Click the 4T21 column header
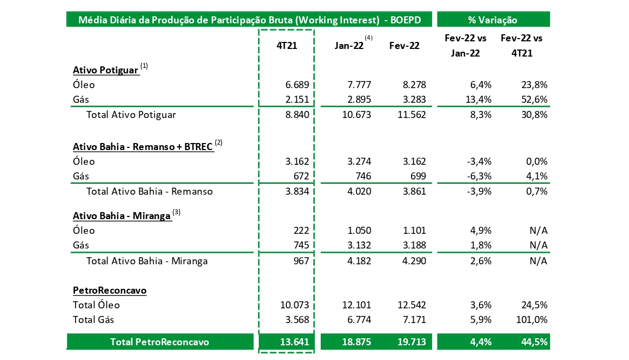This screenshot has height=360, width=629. tap(286, 46)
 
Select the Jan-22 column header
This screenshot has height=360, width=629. tap(350, 46)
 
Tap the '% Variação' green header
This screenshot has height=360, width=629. tap(493, 20)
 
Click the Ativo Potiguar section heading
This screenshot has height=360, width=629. tap(105, 70)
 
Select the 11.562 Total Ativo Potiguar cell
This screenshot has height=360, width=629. tap(412, 115)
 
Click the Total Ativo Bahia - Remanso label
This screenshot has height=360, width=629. tap(150, 191)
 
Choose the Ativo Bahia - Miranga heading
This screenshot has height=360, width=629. tap(122, 215)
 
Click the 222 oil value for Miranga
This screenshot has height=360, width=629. tap(301, 231)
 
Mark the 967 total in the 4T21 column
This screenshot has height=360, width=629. tap(301, 261)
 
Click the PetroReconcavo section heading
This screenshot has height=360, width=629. tap(109, 290)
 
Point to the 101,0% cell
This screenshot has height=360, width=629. tap(531, 320)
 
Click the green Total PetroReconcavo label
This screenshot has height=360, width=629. tap(159, 342)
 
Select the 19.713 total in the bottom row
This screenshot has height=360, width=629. tap(412, 342)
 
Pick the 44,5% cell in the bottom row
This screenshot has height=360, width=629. tap(533, 342)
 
